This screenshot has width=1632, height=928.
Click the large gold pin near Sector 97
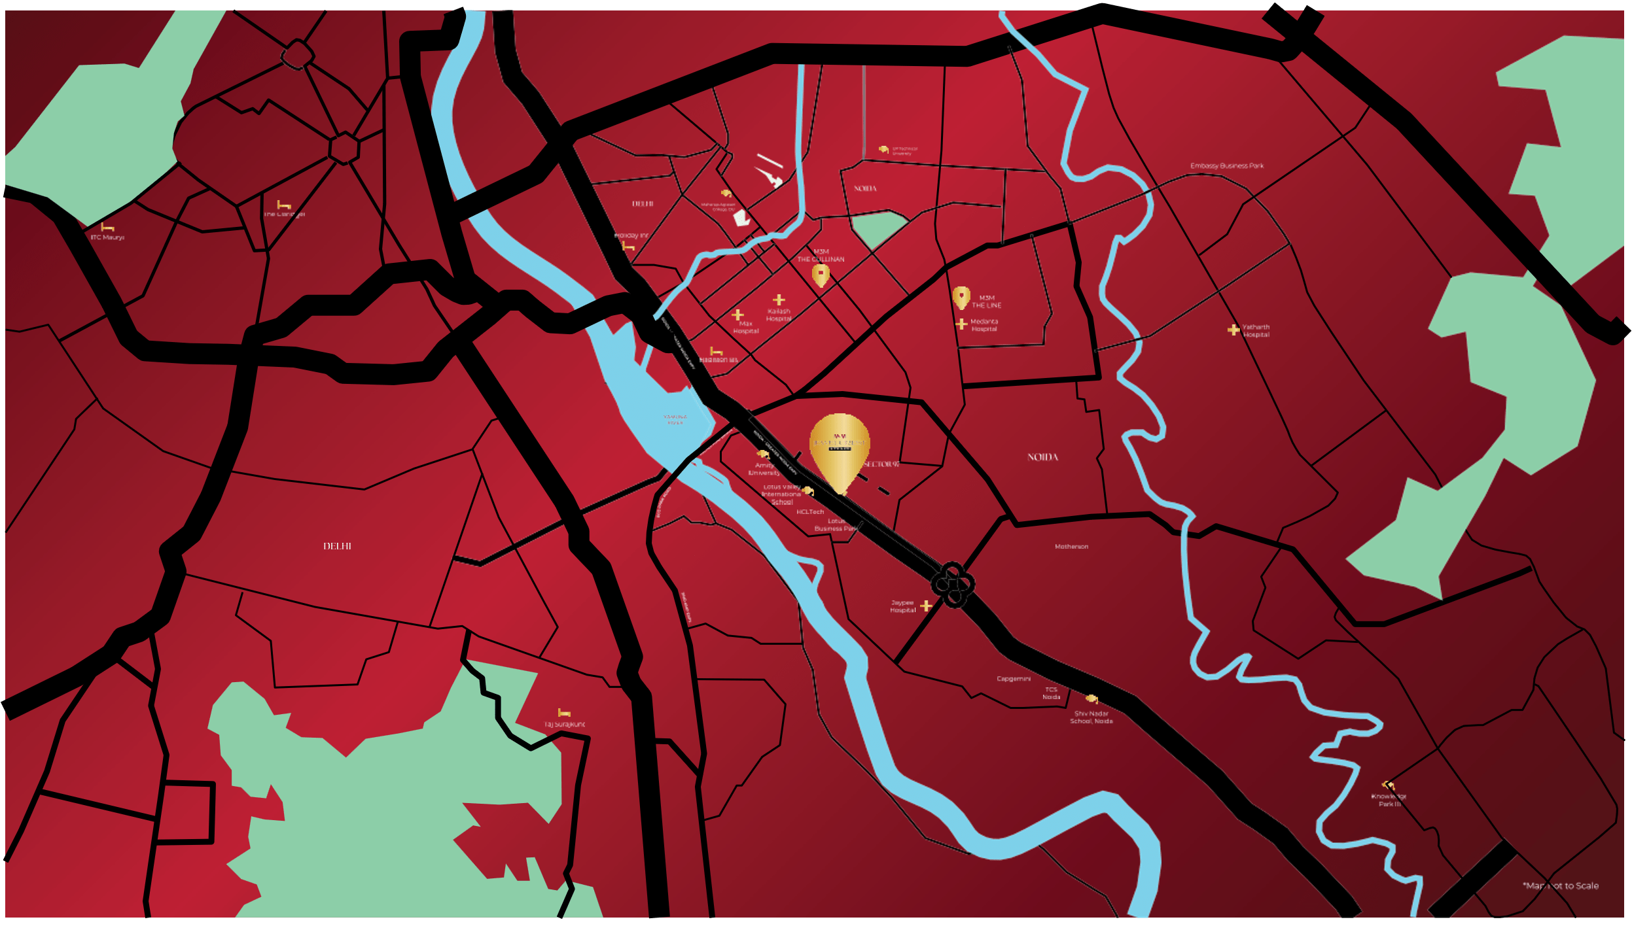(840, 448)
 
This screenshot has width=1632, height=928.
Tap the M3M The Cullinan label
(821, 256)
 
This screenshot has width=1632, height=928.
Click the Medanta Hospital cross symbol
(961, 324)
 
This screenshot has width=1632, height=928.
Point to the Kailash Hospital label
(779, 315)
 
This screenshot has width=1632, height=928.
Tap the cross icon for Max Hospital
(737, 315)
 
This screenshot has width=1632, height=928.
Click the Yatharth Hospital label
(1256, 331)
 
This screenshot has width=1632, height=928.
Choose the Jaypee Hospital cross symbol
(926, 606)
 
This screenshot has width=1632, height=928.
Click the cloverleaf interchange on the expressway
(953, 583)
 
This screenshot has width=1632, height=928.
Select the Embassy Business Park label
(1227, 166)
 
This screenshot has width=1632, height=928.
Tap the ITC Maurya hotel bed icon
(107, 228)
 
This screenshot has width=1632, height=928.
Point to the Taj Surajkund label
(564, 725)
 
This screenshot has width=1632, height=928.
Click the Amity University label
(764, 469)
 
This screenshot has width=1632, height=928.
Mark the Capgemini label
(1014, 679)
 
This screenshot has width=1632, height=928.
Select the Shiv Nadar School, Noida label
(1091, 717)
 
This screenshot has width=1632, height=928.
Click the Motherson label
(1071, 547)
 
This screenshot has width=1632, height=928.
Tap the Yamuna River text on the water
(675, 420)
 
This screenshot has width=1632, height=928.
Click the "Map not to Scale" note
(1560, 886)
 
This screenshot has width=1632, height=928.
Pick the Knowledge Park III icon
(1388, 785)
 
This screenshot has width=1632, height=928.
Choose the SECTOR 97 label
(881, 464)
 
